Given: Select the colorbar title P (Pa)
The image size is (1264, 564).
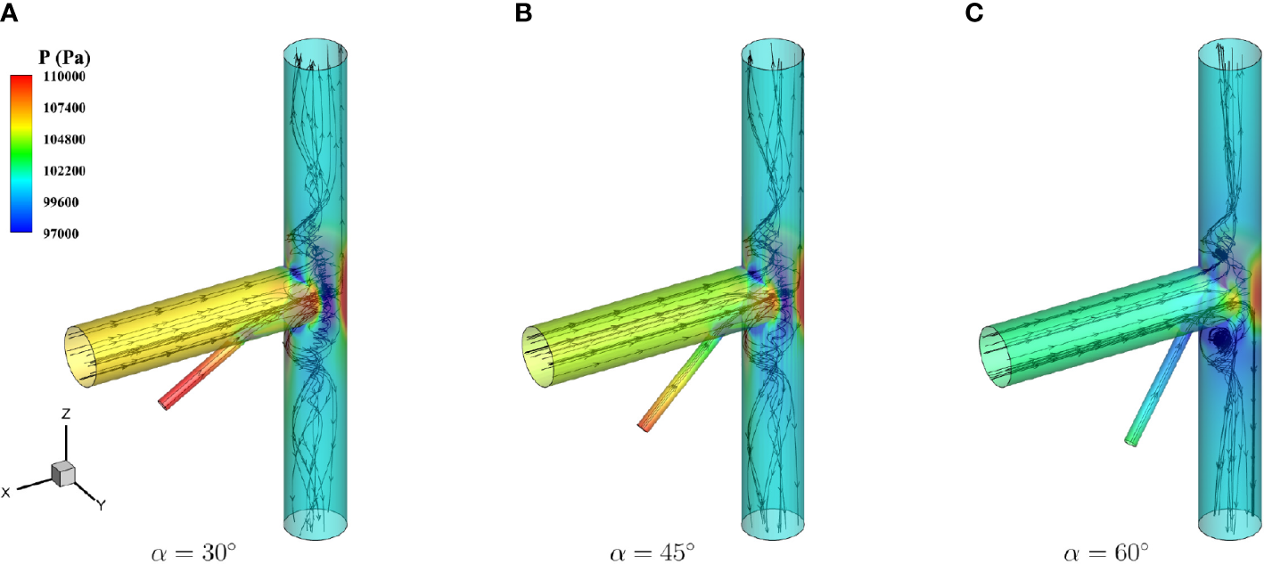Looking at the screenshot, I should coord(65,59).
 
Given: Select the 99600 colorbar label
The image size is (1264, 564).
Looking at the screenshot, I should coord(66,201).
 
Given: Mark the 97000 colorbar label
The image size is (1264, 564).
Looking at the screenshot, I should coord(66,233).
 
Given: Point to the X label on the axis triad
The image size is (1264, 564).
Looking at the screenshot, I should coord(6,492).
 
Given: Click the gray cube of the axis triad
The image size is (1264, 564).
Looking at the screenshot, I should coord(63,473).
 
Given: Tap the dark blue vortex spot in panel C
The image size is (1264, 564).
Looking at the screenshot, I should coord(1219,339).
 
